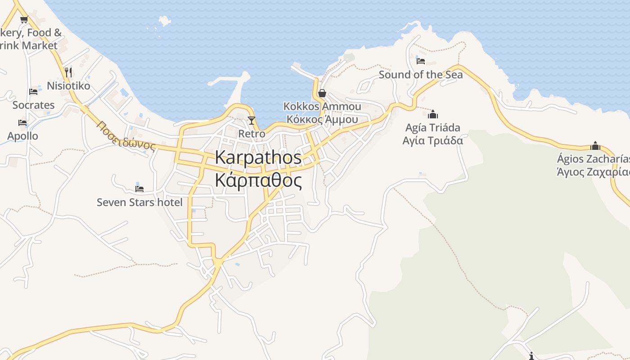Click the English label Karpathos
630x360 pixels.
coord(258,157)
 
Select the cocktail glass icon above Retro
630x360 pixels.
coord(252,121)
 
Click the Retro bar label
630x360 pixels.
coord(252,134)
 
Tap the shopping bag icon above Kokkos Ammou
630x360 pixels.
coord(322,93)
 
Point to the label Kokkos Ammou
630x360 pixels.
coord(322,106)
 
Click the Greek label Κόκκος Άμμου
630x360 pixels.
coord(322,119)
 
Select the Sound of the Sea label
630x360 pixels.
coord(420,75)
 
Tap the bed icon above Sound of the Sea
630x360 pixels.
coord(421,61)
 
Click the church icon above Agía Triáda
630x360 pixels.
coord(433,114)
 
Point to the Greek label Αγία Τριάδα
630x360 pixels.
coord(432,140)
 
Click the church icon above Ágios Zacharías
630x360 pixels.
coord(595,146)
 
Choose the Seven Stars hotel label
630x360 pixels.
coord(139,202)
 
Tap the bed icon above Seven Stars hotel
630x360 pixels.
coord(139,189)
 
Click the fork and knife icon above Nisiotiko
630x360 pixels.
coord(68,72)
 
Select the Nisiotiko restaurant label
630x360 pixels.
coord(68,85)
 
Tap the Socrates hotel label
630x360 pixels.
coord(33,105)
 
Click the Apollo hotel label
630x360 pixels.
coord(22,136)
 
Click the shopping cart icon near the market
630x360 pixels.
coord(24,19)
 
